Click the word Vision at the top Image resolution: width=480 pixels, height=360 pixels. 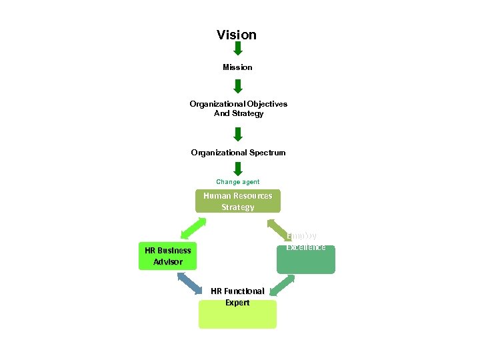coord(237,35)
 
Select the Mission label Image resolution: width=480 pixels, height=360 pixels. coord(237,67)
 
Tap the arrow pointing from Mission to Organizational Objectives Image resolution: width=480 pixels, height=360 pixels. coord(237,86)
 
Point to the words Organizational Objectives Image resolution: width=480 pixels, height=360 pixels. coord(238,104)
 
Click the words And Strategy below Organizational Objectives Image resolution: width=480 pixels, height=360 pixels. coord(238,113)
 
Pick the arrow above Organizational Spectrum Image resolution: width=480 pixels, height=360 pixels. coord(237,135)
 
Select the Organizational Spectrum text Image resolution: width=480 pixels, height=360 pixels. coord(238,153)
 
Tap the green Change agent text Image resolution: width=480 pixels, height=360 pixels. coord(237,182)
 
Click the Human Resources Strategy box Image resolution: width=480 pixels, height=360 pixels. coord(238,201)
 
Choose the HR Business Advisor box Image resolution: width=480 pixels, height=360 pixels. coord(168,256)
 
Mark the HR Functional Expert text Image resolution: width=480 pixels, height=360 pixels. coord(237,297)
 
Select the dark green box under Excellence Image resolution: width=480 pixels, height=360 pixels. coord(306,262)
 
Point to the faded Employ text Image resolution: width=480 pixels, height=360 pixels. coord(302,235)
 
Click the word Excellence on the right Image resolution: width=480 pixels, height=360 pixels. coord(306,247)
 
